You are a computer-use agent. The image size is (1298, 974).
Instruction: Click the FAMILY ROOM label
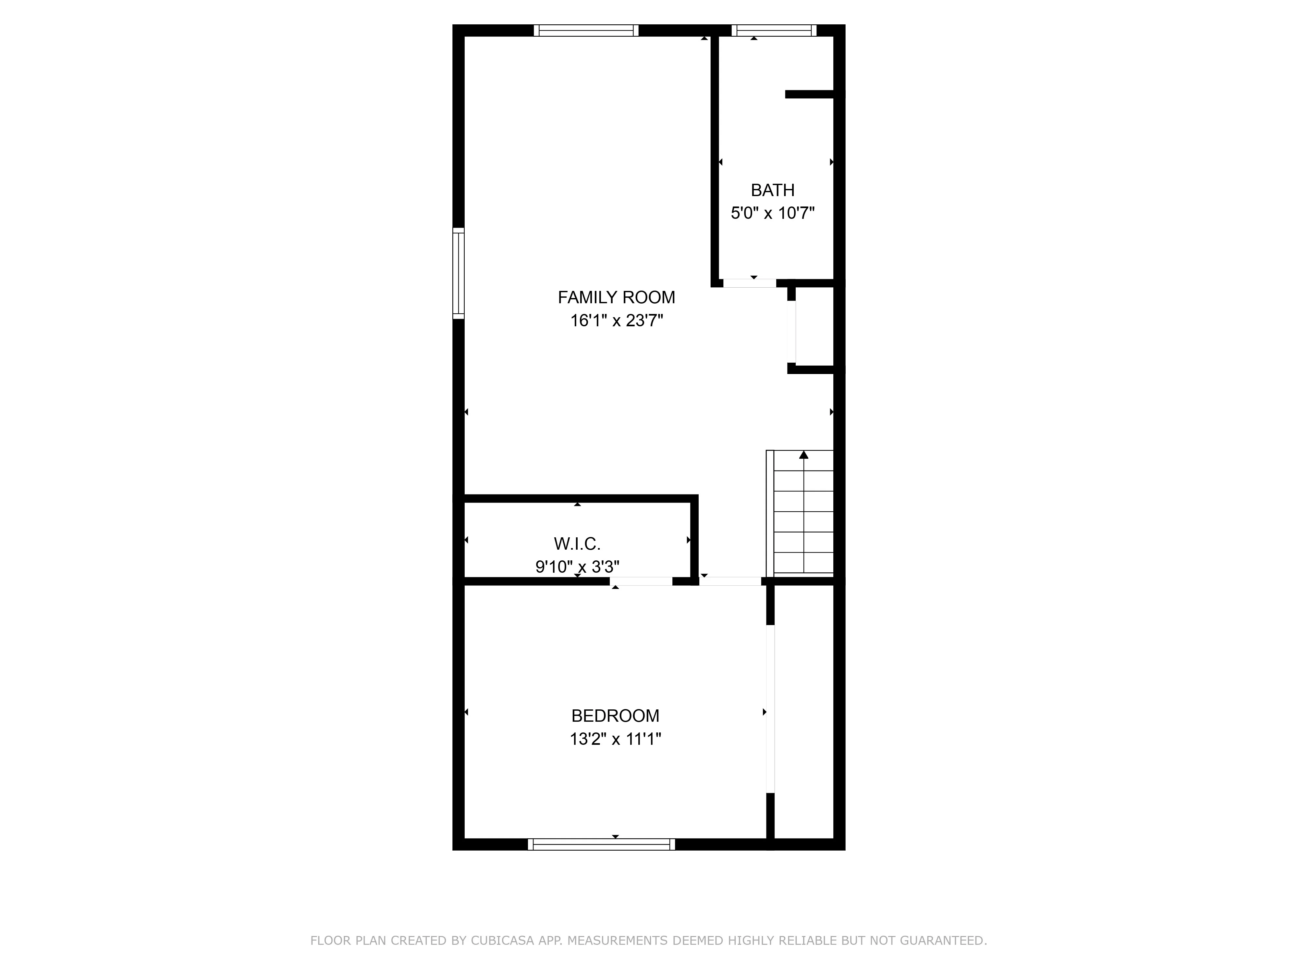[616, 298]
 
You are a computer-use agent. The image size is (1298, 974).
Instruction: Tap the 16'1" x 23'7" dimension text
[616, 320]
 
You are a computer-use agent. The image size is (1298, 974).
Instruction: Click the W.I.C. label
[577, 544]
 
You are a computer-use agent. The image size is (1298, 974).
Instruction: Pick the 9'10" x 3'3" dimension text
[577, 567]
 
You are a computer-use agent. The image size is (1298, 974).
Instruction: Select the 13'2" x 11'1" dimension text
[615, 739]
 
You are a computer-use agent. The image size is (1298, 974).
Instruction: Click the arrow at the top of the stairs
[803, 455]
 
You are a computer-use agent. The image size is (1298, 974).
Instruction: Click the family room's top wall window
[586, 31]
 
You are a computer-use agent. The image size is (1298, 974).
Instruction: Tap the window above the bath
[773, 31]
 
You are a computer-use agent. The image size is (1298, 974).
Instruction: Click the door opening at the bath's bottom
[749, 283]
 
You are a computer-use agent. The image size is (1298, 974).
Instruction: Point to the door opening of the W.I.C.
[641, 581]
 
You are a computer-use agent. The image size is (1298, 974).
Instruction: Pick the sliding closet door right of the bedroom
[770, 709]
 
